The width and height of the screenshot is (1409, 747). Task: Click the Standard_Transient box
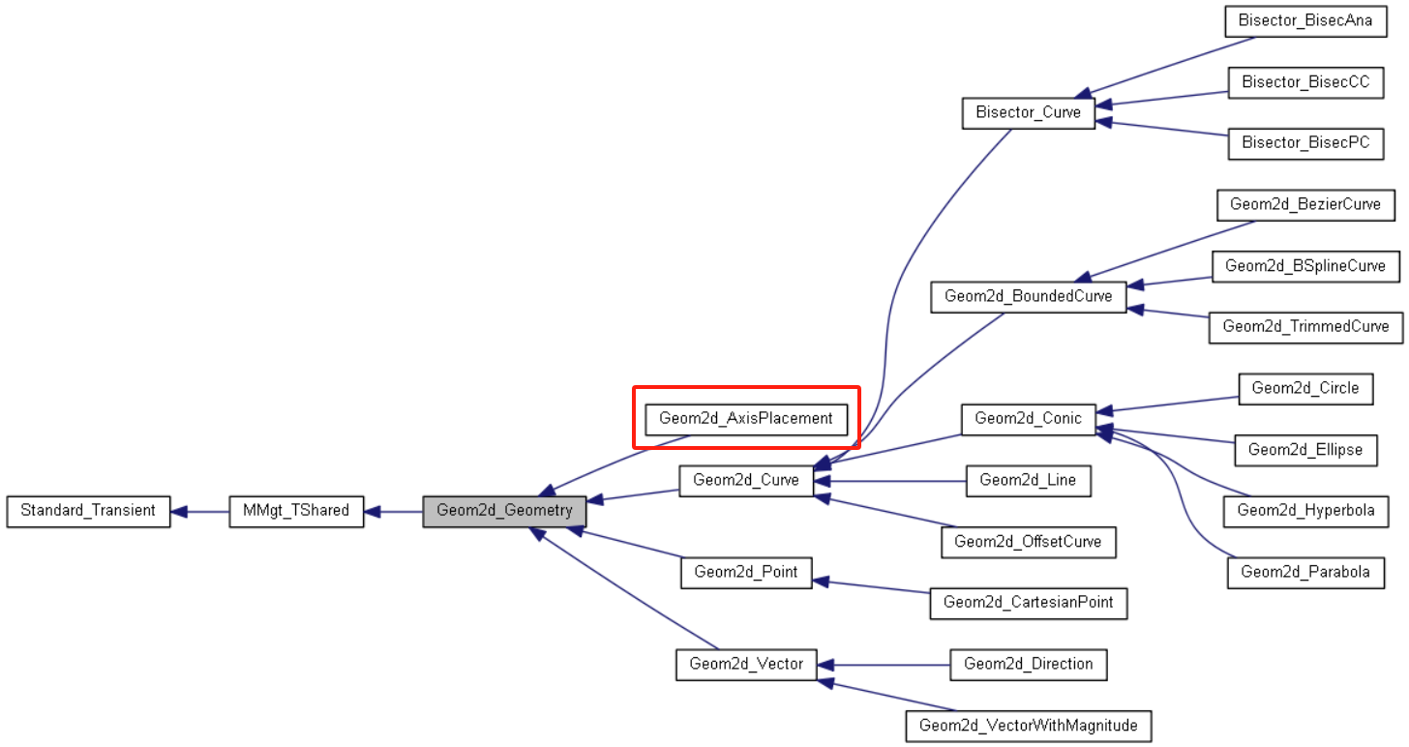click(x=88, y=511)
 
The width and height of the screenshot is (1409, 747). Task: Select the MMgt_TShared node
click(x=296, y=511)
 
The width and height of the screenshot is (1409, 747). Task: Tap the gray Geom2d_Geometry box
click(x=504, y=511)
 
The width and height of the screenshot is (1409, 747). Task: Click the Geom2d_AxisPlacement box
click(x=746, y=419)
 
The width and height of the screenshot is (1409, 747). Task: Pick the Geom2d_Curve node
click(x=746, y=480)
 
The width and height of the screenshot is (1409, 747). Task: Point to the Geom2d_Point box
click(x=746, y=572)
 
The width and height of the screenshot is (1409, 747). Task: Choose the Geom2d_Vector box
click(x=746, y=664)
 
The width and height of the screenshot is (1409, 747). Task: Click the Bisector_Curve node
click(x=1028, y=112)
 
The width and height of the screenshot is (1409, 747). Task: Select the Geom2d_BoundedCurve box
click(x=1029, y=296)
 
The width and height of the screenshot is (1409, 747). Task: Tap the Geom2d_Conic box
click(x=1028, y=419)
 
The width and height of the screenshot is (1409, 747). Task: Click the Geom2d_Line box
click(x=1028, y=480)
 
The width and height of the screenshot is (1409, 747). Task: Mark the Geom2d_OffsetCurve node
click(x=1028, y=542)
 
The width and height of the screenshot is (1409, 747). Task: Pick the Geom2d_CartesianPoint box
click(x=1028, y=602)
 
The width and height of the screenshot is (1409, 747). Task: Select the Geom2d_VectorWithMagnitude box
click(x=1028, y=725)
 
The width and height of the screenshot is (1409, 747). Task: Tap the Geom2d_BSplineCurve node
click(x=1305, y=265)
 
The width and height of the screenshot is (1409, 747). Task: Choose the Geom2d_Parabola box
click(x=1305, y=572)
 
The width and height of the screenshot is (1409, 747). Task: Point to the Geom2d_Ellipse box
click(x=1305, y=450)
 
